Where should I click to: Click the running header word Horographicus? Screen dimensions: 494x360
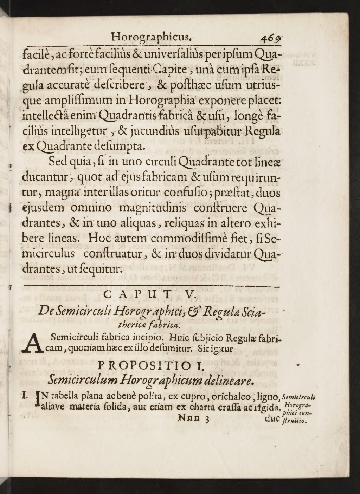click(151, 37)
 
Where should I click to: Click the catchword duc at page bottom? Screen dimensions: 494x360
click(272, 418)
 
